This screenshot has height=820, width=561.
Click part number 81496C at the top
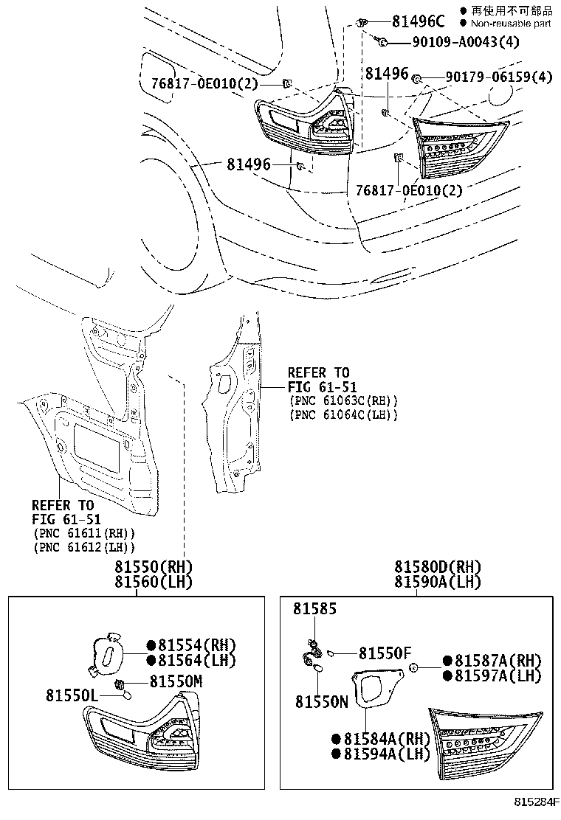418,22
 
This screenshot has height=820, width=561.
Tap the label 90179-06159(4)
498,77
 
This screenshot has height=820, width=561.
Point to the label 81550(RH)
153,566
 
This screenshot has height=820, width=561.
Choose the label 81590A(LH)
437,582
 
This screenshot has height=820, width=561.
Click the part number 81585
314,608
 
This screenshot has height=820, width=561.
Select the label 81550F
385,653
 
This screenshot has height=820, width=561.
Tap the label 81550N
321,702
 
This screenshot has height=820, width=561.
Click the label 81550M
175,682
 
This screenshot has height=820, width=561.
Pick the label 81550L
72,695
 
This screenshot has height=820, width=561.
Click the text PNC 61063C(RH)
343,400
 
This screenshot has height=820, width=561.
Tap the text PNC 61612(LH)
84,547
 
